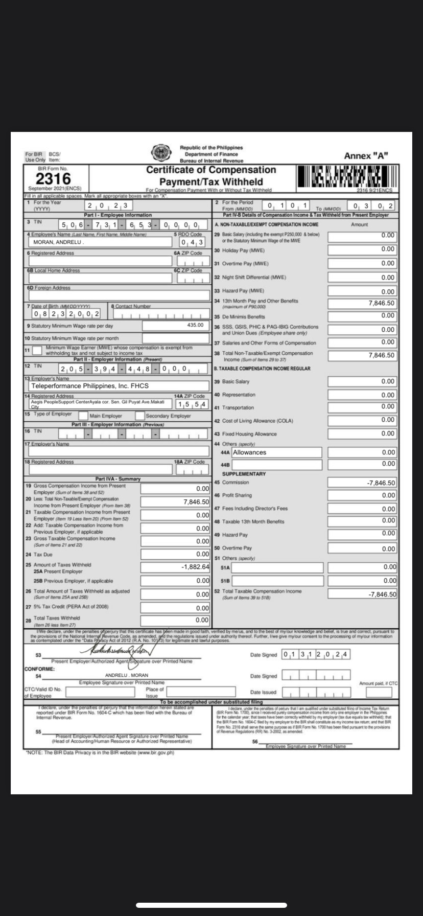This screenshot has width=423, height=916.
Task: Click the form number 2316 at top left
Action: [53, 178]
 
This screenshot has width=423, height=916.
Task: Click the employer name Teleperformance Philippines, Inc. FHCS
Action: [90, 386]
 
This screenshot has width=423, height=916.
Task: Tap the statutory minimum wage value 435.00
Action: [195, 325]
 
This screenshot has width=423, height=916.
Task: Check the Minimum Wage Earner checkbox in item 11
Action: [37, 351]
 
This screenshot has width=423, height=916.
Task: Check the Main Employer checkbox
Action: [82, 416]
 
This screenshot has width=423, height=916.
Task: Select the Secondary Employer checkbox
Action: [139, 416]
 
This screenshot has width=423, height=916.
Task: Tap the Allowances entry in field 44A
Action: [250, 452]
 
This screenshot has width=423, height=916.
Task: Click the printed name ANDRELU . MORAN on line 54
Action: [119, 675]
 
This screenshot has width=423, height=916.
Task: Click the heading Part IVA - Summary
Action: [118, 478]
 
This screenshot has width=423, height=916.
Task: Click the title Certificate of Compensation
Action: [211, 170]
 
